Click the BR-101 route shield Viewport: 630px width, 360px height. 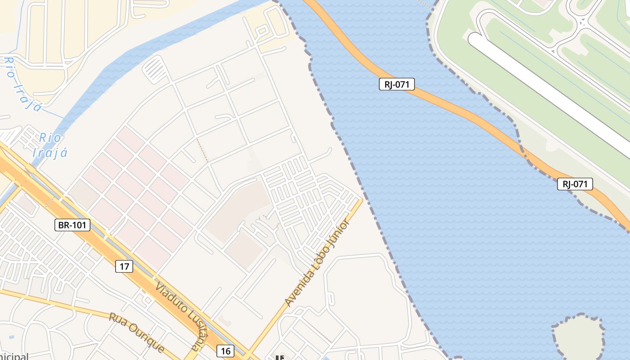click(x=72, y=225)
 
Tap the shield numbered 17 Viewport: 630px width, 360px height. click(x=124, y=266)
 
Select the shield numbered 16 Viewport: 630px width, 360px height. click(x=225, y=351)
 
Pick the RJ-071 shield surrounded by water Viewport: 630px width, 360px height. click(x=396, y=84)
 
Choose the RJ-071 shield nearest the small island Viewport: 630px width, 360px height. click(x=575, y=184)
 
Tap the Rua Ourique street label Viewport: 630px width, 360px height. click(x=137, y=332)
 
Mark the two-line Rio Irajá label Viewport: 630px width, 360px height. click(x=50, y=145)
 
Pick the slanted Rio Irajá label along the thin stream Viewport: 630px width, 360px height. click(x=23, y=84)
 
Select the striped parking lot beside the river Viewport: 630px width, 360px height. click(x=156, y=69)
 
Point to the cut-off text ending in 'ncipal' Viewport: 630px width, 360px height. click(x=13, y=356)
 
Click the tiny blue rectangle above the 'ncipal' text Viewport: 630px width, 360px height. click(x=11, y=337)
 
